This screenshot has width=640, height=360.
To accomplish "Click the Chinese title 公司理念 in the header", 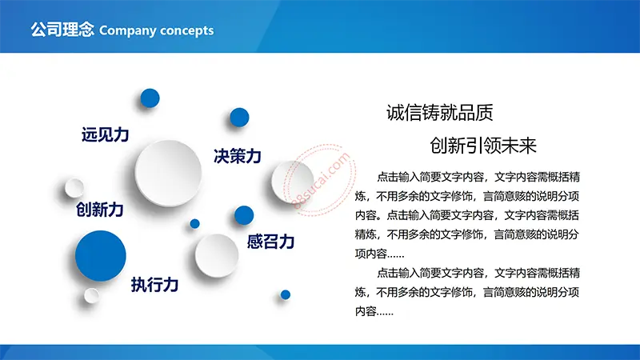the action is (x=62, y=30).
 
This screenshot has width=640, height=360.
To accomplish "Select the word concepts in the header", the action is (x=187, y=31).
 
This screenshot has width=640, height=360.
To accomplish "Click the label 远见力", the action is (x=106, y=134).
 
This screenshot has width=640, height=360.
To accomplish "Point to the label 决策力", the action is (x=238, y=156).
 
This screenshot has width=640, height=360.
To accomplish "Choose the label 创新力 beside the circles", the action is (x=100, y=210).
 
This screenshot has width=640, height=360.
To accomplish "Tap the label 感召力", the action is (x=270, y=242).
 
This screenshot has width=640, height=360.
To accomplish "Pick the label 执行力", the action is (x=154, y=285).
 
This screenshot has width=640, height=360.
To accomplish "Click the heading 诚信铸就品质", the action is (x=439, y=113).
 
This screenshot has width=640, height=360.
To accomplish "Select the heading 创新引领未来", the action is (x=483, y=146).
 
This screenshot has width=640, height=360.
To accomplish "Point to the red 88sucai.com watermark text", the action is (x=322, y=180).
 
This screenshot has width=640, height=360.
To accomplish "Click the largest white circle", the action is (x=168, y=173).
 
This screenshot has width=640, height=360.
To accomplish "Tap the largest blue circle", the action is (x=101, y=256).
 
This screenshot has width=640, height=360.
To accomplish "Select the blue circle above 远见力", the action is (x=150, y=98).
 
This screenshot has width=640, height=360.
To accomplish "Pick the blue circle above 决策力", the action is (x=239, y=118).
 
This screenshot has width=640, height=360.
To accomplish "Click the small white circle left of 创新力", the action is (x=74, y=188).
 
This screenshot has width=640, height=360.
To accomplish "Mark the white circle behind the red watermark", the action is (x=293, y=182).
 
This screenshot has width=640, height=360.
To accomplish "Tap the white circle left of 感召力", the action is (x=217, y=256).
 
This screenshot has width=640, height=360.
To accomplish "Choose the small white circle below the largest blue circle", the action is (x=91, y=295).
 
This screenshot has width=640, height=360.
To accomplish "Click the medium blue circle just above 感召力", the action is (x=244, y=215).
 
